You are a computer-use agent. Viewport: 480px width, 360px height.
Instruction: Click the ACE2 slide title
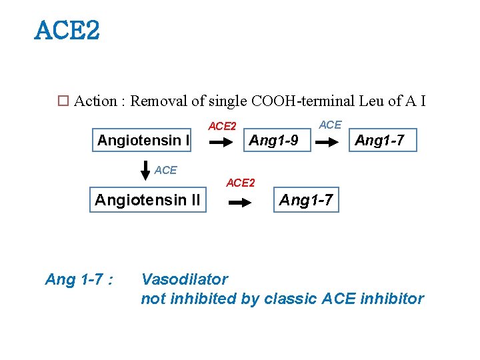tap(67, 30)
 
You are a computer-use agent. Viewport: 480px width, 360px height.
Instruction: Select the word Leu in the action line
tap(371, 101)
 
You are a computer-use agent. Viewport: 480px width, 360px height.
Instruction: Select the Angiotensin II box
tap(147, 200)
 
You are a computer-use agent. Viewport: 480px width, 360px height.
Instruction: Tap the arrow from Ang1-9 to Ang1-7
tap(327, 142)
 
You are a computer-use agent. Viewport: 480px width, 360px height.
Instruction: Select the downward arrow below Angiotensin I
tap(145, 171)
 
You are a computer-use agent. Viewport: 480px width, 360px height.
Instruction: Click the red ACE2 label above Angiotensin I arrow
tap(222, 126)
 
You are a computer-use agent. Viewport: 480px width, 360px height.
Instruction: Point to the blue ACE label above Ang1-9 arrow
tap(330, 125)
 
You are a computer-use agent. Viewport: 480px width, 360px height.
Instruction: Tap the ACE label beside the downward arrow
tap(165, 170)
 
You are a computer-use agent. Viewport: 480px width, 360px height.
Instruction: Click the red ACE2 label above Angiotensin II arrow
tap(241, 183)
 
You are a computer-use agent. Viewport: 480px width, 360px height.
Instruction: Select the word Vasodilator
tap(184, 279)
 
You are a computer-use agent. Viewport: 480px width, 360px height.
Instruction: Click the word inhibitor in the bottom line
tap(391, 299)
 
